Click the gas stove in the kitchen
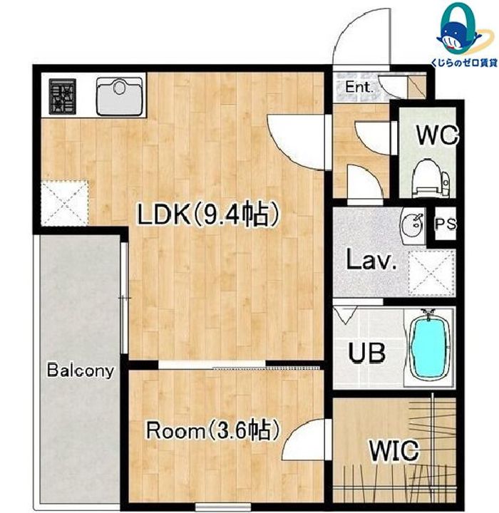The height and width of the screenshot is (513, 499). [x=63, y=96]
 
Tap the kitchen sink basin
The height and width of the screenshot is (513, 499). [x=120, y=97]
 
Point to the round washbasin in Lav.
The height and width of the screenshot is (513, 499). [x=412, y=223]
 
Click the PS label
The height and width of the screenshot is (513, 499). [x=445, y=224]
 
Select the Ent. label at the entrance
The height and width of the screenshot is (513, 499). [x=359, y=87]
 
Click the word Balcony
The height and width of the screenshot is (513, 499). [x=81, y=370]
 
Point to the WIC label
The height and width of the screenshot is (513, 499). [x=394, y=450]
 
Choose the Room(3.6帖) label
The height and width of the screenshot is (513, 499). [x=213, y=430]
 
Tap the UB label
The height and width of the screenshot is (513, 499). [x=366, y=353]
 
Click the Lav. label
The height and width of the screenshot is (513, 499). [x=371, y=260]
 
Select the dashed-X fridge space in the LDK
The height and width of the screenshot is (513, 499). [x=64, y=203]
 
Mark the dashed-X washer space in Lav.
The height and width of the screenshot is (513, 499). [x=431, y=273]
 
